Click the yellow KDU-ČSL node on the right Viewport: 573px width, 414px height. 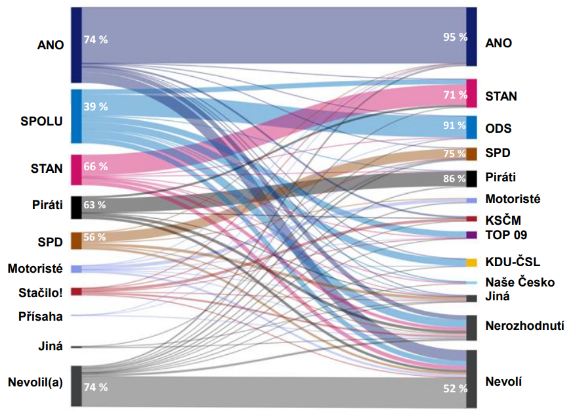click(471, 263)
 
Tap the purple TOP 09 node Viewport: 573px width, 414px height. click(471, 235)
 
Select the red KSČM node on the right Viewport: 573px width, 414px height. click(471, 219)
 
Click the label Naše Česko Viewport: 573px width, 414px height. click(520, 283)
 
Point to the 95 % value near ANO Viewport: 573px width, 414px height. click(455, 37)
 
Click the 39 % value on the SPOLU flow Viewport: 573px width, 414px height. click(95, 106)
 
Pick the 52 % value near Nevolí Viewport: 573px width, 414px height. click(455, 388)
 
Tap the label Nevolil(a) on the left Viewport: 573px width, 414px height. click(35, 382)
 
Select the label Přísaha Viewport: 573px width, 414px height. click(40, 317)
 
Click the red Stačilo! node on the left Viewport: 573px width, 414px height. click(76, 292)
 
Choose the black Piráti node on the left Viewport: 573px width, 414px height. click(76, 208)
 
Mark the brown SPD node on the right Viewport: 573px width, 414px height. click(471, 154)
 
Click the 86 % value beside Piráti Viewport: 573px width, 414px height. click(455, 179)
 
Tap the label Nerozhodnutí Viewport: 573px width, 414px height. click(524, 325)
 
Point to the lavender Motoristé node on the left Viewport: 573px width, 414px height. click(76, 269)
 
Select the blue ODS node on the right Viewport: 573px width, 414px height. click(471, 127)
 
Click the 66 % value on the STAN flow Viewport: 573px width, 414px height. click(95, 166)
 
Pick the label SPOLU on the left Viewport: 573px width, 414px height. click(41, 121)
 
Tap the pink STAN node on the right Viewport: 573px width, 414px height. click(471, 93)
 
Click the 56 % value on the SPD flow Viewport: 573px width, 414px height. click(95, 237)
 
